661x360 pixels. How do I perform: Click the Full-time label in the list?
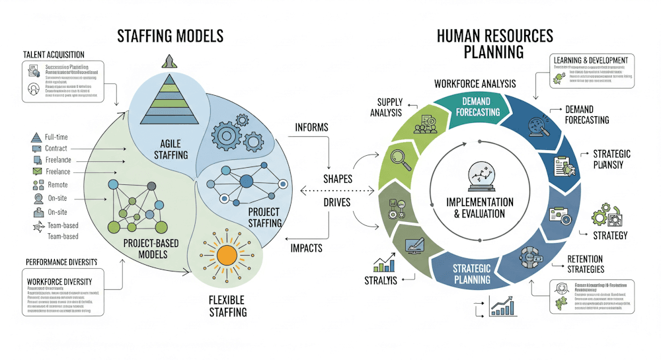pos(56,137)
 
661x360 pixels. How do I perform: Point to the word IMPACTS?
pos(306,248)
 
